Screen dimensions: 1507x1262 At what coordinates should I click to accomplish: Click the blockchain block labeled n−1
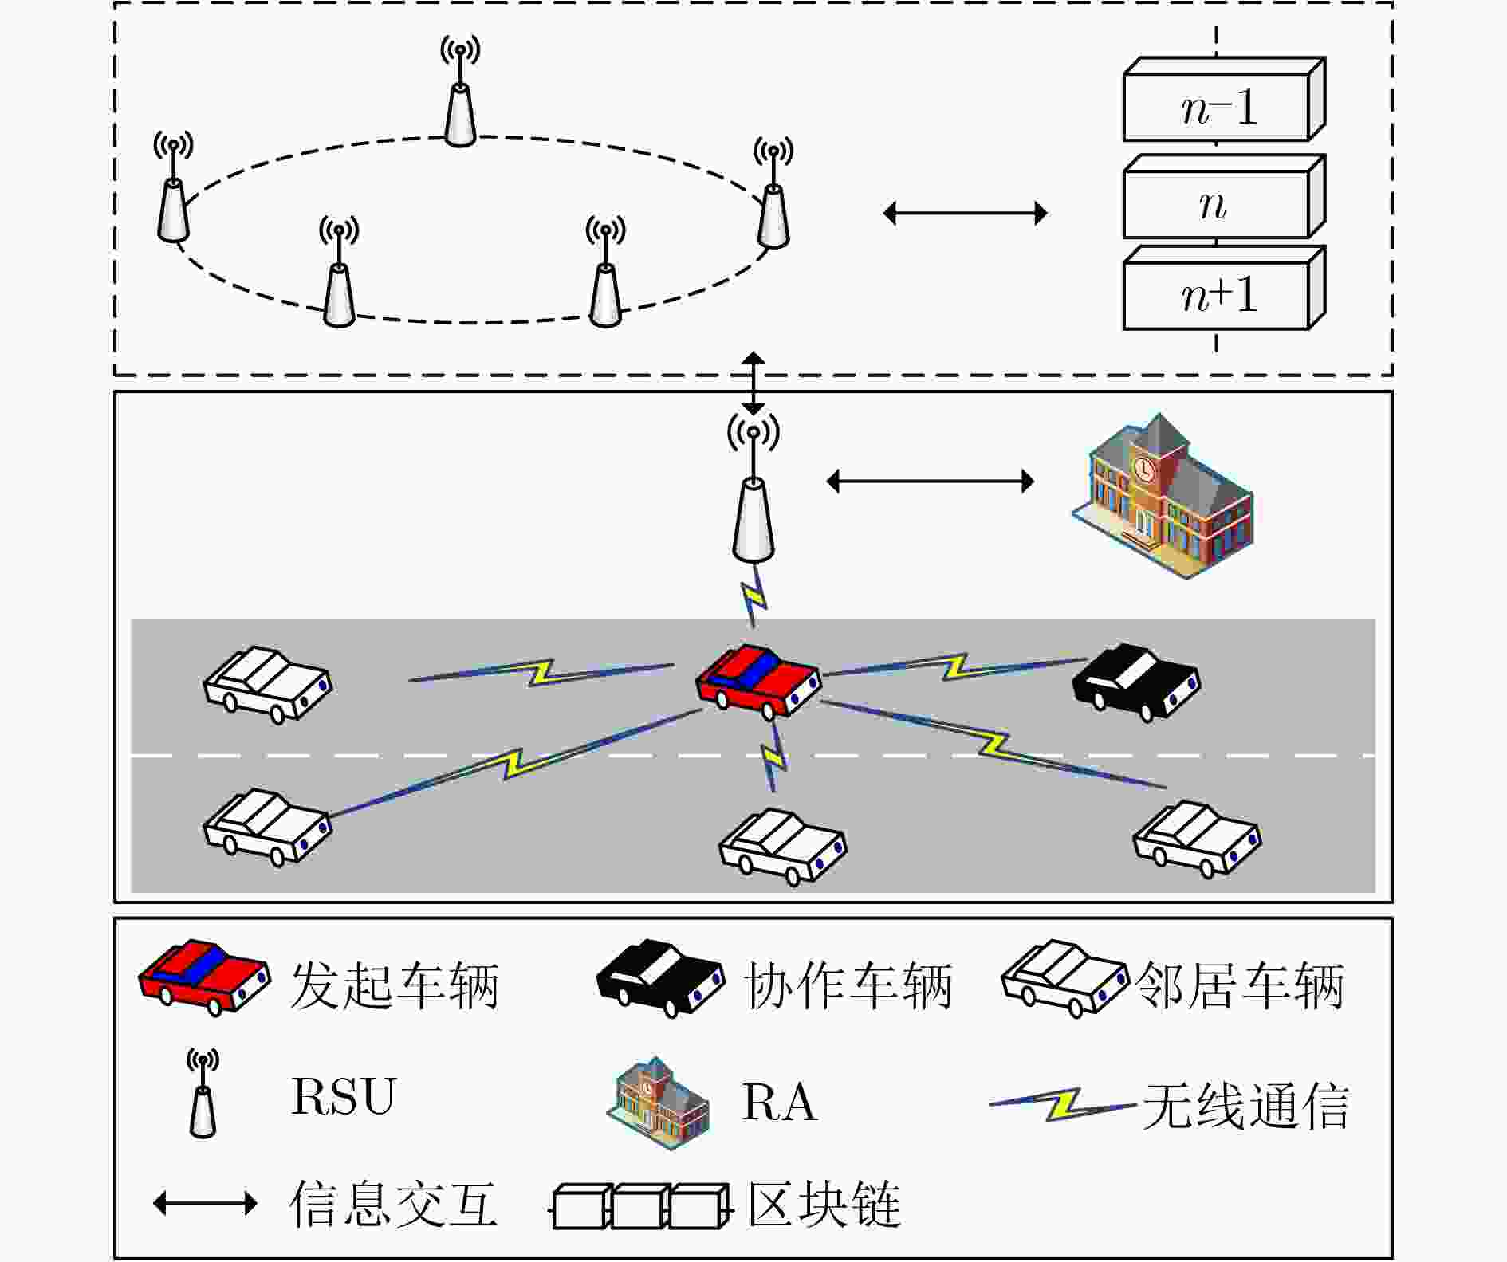(x=1224, y=100)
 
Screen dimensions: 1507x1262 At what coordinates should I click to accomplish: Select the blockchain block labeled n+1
(x=1224, y=288)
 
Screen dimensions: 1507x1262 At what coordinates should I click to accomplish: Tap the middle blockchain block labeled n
(x=1224, y=196)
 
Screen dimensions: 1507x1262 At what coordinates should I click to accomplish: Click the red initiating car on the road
(x=758, y=680)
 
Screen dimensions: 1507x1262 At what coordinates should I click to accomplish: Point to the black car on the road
(x=1135, y=682)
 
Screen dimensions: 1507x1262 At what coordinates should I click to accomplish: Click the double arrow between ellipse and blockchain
(x=966, y=213)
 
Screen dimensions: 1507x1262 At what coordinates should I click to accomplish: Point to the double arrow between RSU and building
(x=931, y=481)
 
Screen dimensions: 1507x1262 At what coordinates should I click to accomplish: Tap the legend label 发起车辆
(x=395, y=985)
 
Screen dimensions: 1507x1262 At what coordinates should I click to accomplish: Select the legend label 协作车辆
(x=848, y=985)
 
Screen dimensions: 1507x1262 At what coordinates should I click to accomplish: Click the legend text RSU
(x=344, y=1096)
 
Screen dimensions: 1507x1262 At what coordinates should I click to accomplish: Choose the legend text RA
(x=780, y=1103)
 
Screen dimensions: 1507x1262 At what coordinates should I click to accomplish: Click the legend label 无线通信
(x=1245, y=1106)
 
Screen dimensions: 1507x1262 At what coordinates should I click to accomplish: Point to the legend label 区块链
(x=824, y=1204)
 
